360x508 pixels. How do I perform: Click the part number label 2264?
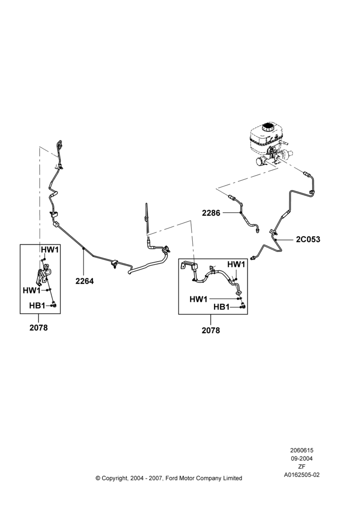point(84,281)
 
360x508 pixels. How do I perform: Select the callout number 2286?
point(211,213)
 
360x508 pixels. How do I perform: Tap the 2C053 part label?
point(308,239)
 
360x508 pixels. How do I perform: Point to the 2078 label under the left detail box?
point(39,328)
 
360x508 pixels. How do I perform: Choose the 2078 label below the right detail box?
point(211,330)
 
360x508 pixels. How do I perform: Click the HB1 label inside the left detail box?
point(37,305)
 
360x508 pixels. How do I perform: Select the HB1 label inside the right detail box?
point(222,307)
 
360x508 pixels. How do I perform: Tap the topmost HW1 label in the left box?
point(50,250)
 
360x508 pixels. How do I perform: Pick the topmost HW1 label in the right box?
point(236,265)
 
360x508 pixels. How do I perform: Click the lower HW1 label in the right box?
point(198,299)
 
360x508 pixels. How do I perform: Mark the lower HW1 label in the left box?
point(32,291)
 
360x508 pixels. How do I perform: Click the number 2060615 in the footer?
point(302,450)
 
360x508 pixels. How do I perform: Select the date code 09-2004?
point(302,458)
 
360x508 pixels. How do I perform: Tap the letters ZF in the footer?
point(302,467)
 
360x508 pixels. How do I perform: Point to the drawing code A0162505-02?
point(302,475)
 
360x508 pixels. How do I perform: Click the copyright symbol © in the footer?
point(98,478)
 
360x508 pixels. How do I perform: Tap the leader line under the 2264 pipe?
point(84,263)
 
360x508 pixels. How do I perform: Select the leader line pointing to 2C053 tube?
point(285,239)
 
